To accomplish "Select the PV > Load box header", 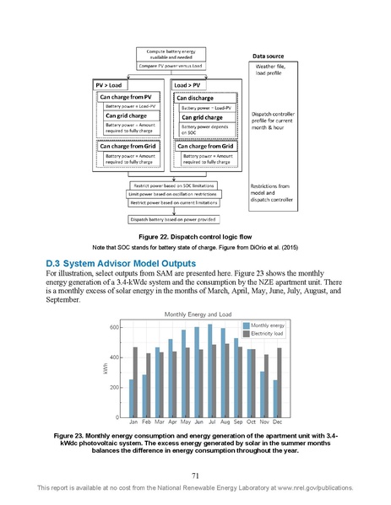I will [x=110, y=85].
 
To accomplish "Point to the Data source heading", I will [x=270, y=56].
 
